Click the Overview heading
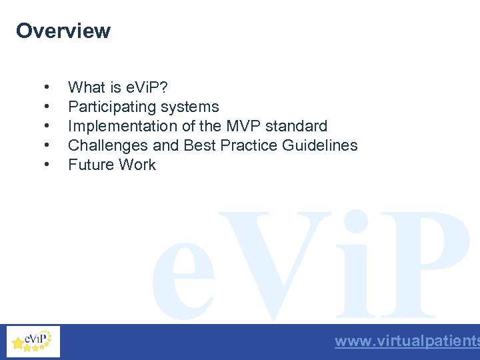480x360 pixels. click(x=63, y=31)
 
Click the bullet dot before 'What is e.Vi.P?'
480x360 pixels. click(x=46, y=88)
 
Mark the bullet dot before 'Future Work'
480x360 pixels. click(x=46, y=165)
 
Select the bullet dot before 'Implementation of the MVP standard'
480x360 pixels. click(x=46, y=127)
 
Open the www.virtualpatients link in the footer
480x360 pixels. click(x=407, y=341)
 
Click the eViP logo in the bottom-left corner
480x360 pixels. click(x=33, y=341)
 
